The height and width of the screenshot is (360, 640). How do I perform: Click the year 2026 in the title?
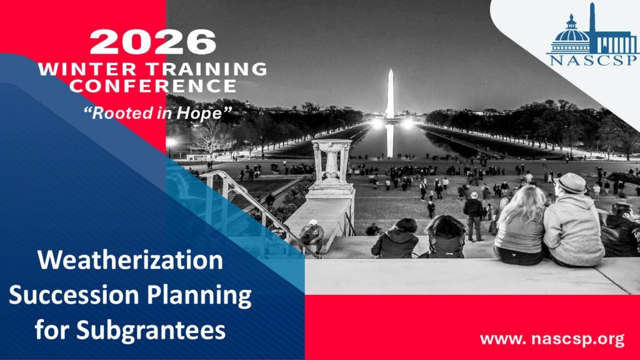pos(152,42)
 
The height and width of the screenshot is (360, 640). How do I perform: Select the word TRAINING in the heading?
pos(207,69)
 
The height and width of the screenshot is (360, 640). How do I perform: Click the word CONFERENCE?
pos(152,86)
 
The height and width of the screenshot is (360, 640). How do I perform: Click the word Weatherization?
pos(130,260)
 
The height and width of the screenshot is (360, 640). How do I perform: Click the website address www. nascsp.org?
pos(552,339)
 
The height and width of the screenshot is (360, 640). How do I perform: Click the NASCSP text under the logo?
pos(592,61)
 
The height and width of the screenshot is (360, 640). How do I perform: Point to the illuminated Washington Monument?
pos(391,94)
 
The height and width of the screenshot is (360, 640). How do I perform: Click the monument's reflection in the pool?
pos(390,141)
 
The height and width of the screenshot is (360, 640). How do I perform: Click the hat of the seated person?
pos(571,183)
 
